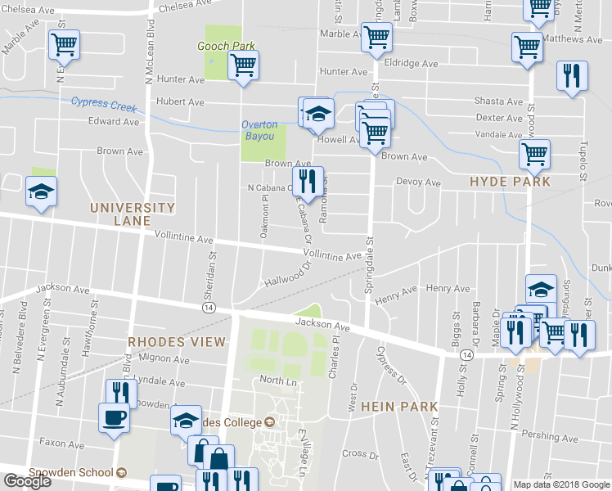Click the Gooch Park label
[227, 47]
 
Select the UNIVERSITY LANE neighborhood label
[133, 214]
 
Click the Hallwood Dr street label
[289, 275]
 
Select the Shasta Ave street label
[498, 101]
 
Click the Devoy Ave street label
[418, 182]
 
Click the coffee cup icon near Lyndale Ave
[115, 417]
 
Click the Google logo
[28, 481]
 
